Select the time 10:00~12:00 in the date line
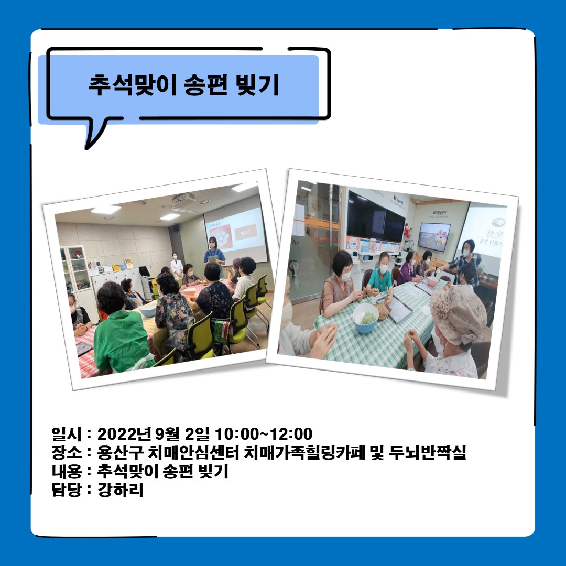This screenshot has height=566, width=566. click(264, 434)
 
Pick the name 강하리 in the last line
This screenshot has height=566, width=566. click(120, 490)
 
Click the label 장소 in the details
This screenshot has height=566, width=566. click(67, 453)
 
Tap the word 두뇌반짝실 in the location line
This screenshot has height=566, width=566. click(428, 453)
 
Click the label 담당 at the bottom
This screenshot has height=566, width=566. click(67, 490)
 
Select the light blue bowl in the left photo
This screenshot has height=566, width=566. click(148, 310)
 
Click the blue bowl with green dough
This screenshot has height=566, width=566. click(366, 318)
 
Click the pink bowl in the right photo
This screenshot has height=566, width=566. click(433, 281)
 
